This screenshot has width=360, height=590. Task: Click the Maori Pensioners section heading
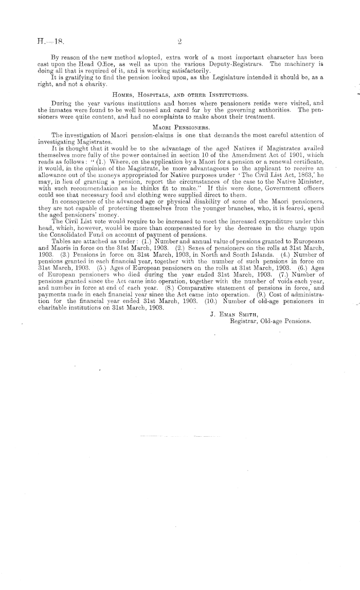click(180, 127)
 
